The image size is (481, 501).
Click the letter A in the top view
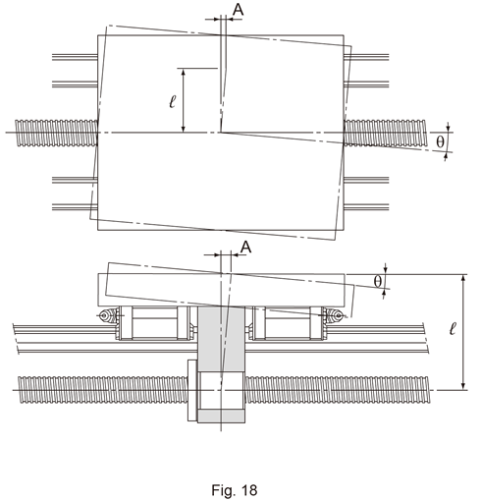click(x=239, y=10)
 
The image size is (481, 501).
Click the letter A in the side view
click(x=245, y=248)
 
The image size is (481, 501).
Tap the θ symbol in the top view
click(x=441, y=141)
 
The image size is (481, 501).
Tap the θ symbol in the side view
click(x=378, y=281)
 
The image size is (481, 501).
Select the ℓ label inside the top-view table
click(x=173, y=101)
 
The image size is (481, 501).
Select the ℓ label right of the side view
click(x=453, y=328)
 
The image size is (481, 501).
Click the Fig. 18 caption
click(x=235, y=490)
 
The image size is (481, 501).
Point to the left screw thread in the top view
click(x=56, y=133)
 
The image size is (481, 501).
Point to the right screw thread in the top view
click(x=385, y=133)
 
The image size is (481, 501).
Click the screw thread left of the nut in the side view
click(x=103, y=390)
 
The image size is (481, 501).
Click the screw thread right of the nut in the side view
click(x=337, y=390)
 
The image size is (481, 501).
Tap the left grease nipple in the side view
click(x=106, y=315)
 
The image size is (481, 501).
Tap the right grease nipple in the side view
click(x=336, y=315)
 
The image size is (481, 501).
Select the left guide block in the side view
click(x=154, y=323)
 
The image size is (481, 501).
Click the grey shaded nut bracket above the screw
click(x=221, y=339)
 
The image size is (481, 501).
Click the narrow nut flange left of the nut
click(x=192, y=390)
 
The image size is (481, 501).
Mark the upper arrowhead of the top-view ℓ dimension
click(x=184, y=73)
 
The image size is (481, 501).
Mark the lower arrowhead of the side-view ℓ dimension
click(x=463, y=386)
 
